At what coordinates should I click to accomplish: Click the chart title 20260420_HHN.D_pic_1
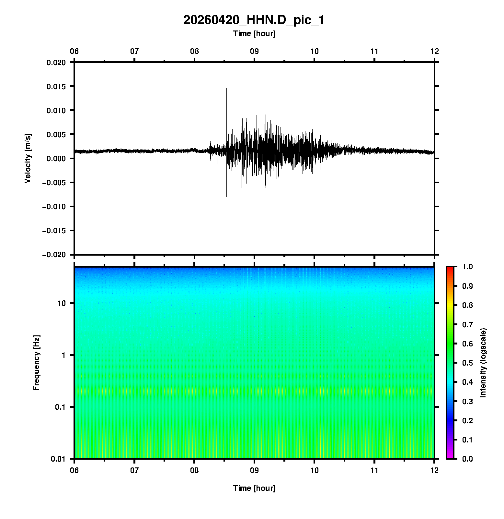[254, 20]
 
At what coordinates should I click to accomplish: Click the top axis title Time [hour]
[254, 33]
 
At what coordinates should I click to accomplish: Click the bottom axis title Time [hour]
[254, 488]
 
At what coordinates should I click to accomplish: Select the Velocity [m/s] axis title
[28, 158]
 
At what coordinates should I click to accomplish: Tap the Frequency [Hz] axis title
[36, 363]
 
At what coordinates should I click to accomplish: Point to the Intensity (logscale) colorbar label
[483, 363]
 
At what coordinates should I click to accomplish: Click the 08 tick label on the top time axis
[194, 51]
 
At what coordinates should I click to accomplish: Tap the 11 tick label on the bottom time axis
[374, 470]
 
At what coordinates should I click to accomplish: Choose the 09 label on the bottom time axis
[254, 470]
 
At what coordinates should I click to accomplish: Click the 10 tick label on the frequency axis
[61, 303]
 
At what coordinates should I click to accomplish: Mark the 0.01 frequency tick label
[58, 459]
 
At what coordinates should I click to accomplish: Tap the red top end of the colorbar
[450, 269]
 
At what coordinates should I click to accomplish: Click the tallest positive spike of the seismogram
[227, 85]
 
